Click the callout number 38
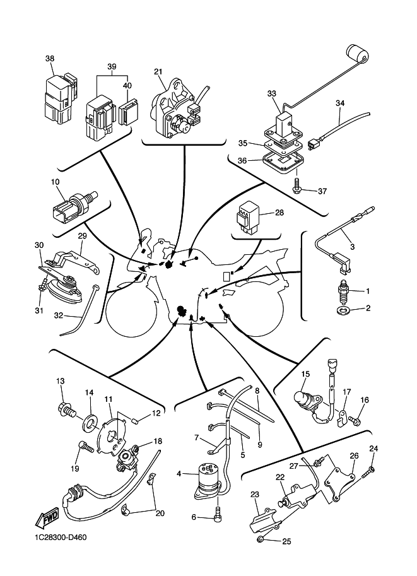(x=50, y=58)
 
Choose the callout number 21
(x=158, y=71)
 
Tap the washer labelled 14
(x=89, y=419)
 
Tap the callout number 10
(x=56, y=182)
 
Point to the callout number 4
(x=179, y=473)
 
